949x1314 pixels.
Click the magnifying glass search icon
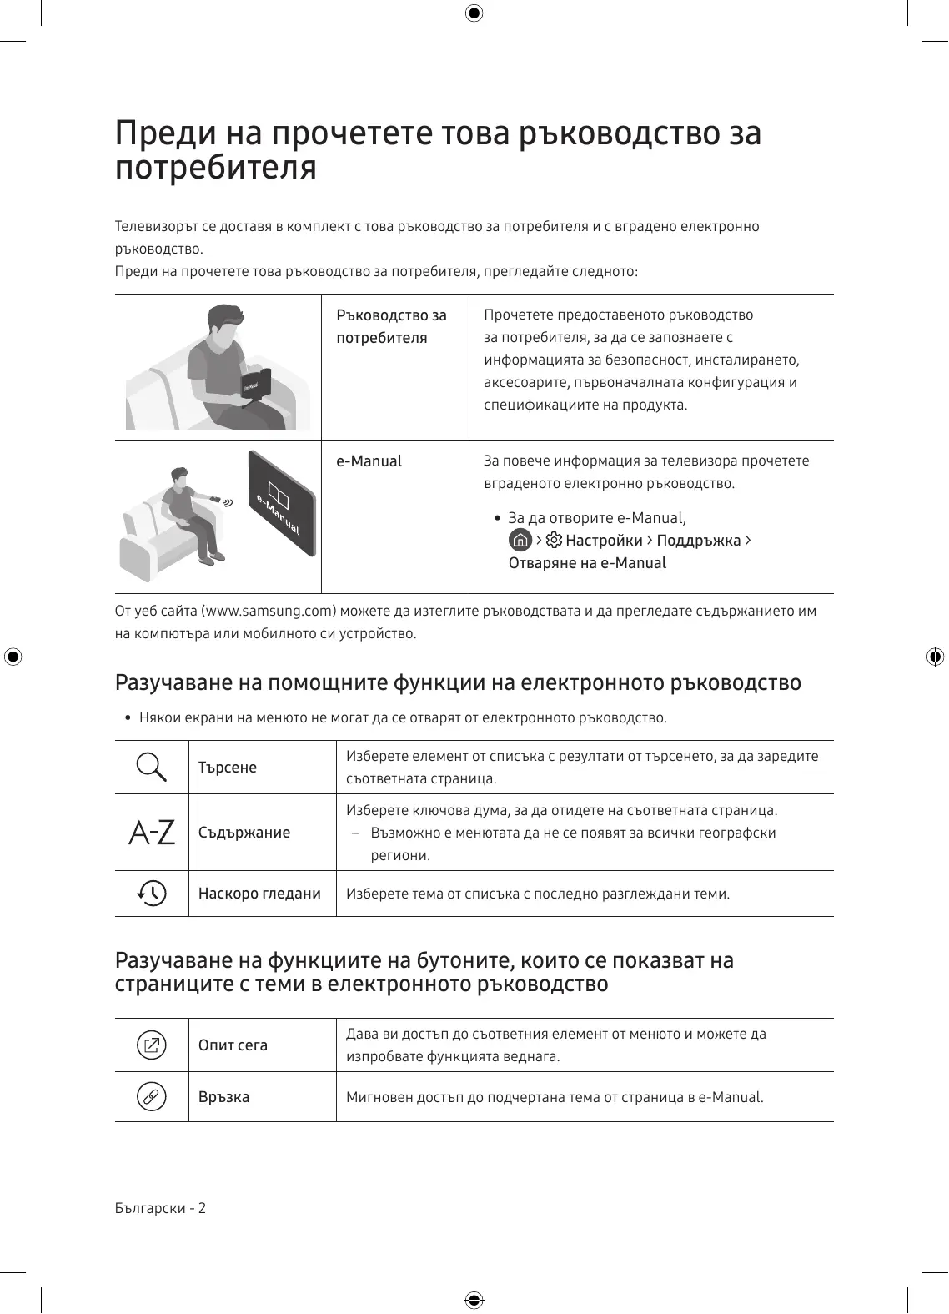click(x=151, y=767)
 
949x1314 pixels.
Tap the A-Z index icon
click(x=152, y=832)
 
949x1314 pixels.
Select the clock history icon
click(x=152, y=893)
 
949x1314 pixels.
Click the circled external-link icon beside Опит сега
click(x=152, y=1045)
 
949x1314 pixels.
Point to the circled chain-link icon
click(x=152, y=1096)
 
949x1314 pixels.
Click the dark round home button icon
click(x=520, y=540)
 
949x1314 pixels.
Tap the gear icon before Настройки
click(x=554, y=540)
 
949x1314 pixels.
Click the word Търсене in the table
click(x=228, y=768)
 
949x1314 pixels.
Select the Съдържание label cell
click(x=244, y=833)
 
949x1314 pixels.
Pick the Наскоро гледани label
click(x=259, y=894)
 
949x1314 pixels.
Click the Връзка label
click(x=223, y=1097)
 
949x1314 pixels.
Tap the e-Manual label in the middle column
click(x=369, y=461)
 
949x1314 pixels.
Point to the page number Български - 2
click(x=160, y=1208)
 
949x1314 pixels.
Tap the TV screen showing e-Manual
click(x=282, y=503)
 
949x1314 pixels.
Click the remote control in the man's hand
click(x=216, y=499)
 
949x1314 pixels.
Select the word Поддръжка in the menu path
click(x=699, y=541)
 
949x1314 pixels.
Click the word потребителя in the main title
click(x=216, y=168)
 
